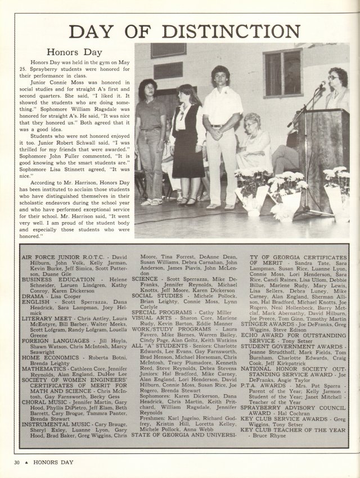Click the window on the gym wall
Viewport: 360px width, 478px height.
[x=283, y=73]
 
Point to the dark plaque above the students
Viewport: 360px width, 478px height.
[x=168, y=50]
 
